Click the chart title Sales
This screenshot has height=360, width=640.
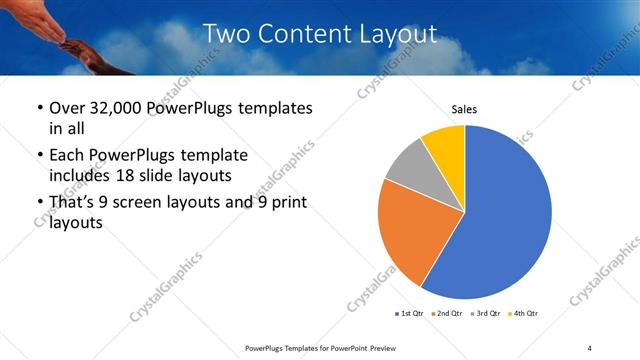click(x=464, y=108)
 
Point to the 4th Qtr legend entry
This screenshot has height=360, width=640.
click(x=526, y=314)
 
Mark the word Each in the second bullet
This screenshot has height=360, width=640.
click(x=68, y=156)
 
